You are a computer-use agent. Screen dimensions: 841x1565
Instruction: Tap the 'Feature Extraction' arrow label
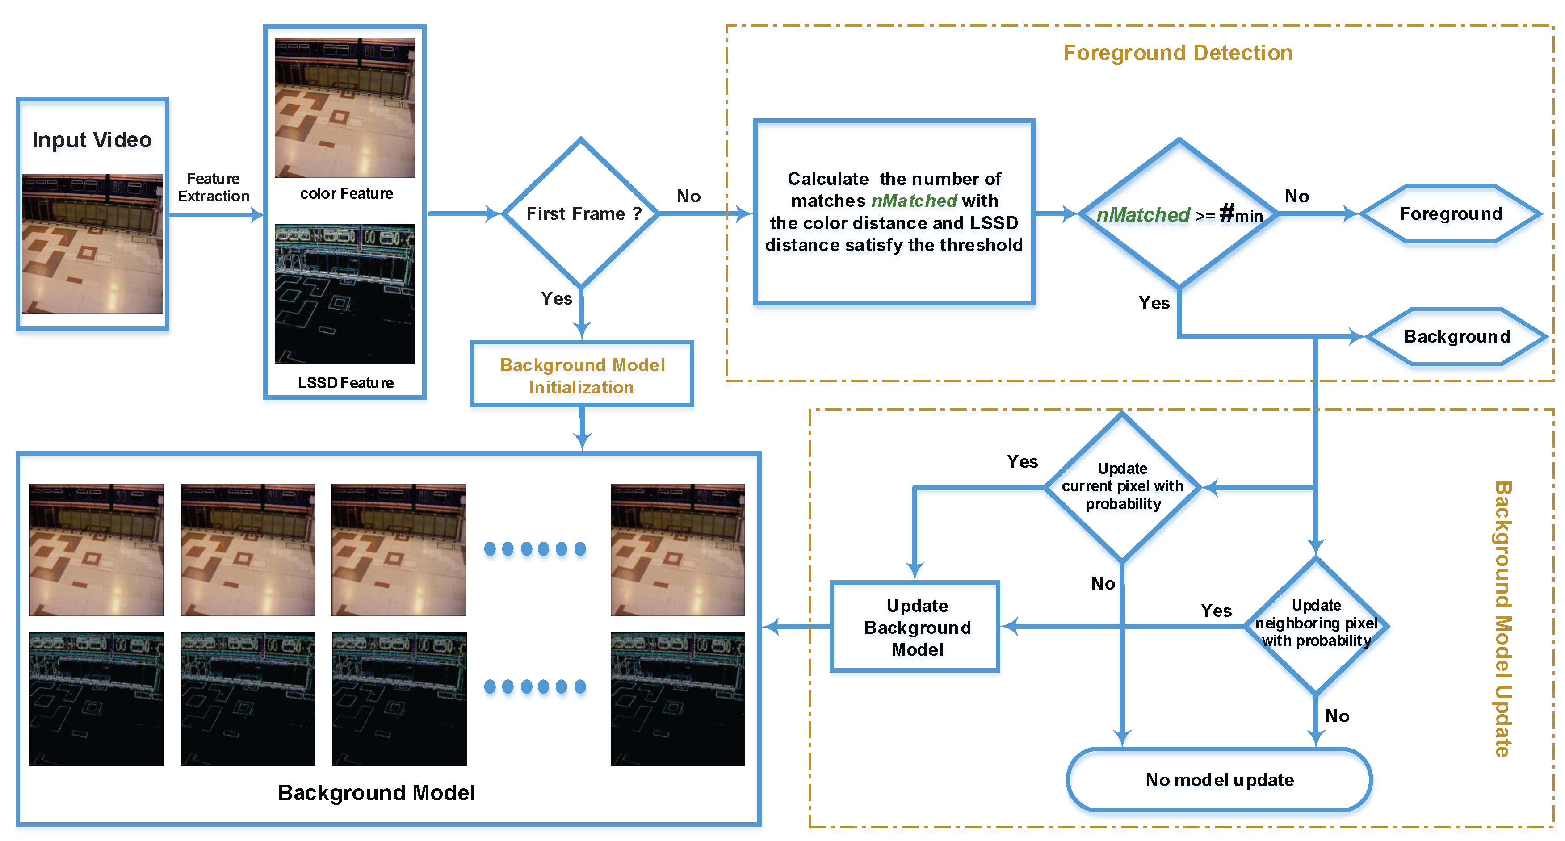pyautogui.click(x=213, y=188)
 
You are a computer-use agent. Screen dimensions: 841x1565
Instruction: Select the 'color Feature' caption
pyautogui.click(x=346, y=194)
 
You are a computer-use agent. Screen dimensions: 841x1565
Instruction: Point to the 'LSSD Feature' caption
pyautogui.click(x=346, y=383)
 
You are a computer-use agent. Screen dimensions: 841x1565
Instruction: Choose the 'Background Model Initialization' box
pyautogui.click(x=582, y=376)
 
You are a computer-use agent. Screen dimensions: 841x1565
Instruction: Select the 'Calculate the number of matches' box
pyautogui.click(x=894, y=212)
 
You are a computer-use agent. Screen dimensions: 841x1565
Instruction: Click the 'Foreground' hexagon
pyautogui.click(x=1450, y=214)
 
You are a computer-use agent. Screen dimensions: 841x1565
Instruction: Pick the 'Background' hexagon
pyautogui.click(x=1456, y=336)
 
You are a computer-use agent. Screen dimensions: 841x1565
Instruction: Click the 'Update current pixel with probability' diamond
pyautogui.click(x=1122, y=486)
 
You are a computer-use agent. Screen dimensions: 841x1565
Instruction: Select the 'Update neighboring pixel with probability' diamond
pyautogui.click(x=1316, y=623)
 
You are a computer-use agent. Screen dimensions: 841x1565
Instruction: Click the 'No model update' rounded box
pyautogui.click(x=1219, y=780)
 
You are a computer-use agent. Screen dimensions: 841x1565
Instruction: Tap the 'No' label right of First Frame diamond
pyautogui.click(x=688, y=196)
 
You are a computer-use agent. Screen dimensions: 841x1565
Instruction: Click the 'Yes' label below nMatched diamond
pyautogui.click(x=1153, y=303)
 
